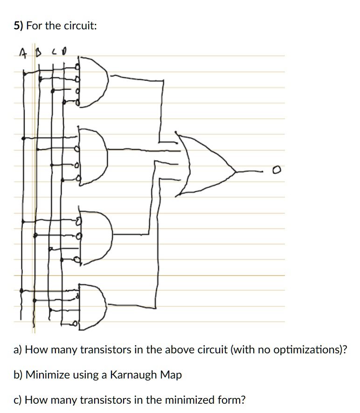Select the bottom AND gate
(94, 305)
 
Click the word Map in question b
(171, 375)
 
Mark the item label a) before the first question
(18, 350)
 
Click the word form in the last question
(231, 400)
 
